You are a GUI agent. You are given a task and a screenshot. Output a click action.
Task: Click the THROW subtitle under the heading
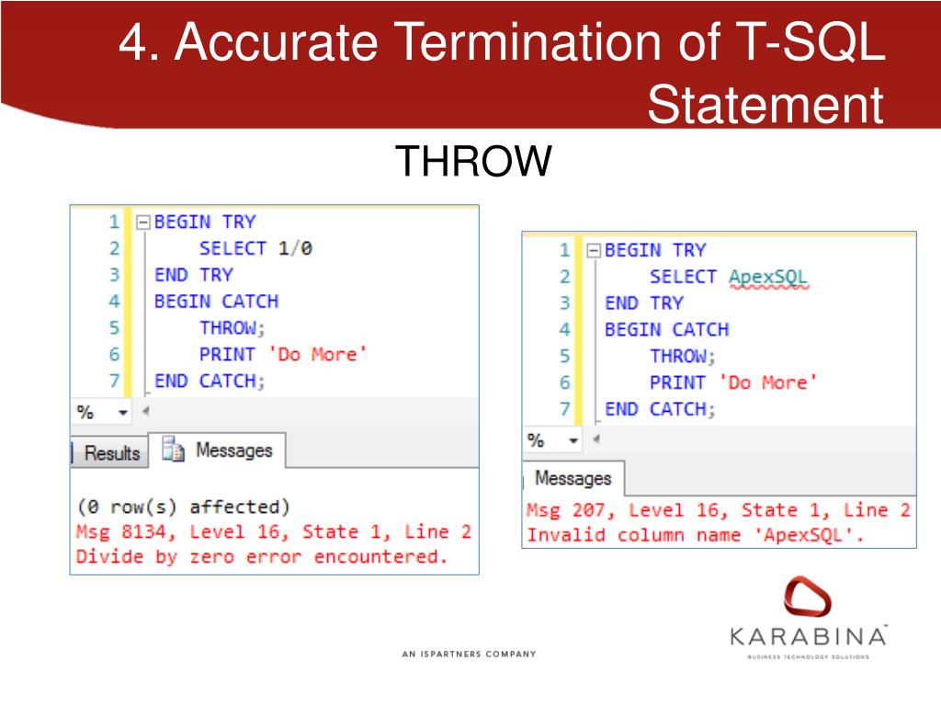[x=474, y=163]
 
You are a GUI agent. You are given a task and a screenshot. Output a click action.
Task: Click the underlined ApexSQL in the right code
[x=768, y=277]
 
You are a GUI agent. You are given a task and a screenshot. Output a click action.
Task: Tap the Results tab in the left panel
[x=111, y=453]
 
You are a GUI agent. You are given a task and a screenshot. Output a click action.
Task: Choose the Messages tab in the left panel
[x=221, y=450]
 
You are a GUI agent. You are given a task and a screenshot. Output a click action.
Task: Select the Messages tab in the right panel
[x=573, y=478]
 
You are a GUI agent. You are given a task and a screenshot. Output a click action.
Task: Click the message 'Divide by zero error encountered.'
[x=261, y=557]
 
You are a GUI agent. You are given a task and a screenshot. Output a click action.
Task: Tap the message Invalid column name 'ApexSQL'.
[x=695, y=535]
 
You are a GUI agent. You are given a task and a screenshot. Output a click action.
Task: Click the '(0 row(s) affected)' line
[x=183, y=507]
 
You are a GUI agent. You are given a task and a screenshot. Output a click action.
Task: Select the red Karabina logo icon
[x=807, y=598]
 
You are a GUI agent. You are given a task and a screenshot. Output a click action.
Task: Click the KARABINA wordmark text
[x=808, y=636]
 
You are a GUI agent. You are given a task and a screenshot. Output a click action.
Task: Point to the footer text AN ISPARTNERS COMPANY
[x=469, y=655]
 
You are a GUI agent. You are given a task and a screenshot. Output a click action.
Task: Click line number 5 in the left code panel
[x=114, y=328]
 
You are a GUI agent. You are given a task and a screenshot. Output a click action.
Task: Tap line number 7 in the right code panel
[x=564, y=409]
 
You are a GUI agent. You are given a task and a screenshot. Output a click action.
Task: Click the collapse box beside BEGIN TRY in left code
[x=142, y=222]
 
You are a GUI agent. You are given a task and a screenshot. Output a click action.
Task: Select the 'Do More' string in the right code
[x=767, y=382]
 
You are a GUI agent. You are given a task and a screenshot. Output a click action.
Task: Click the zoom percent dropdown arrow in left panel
[x=123, y=414]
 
